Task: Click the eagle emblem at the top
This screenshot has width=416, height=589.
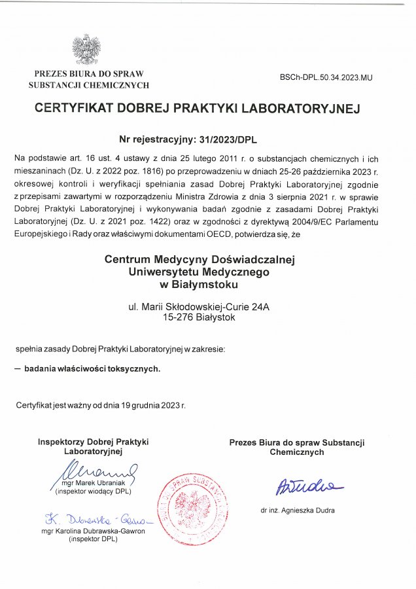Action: (x=86, y=48)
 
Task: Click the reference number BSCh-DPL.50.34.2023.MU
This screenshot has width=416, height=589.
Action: (x=325, y=77)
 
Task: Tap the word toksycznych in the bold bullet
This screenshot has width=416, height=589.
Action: (x=136, y=368)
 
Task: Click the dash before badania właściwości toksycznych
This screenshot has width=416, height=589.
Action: (x=18, y=368)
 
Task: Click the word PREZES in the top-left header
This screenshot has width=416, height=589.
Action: (x=50, y=74)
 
